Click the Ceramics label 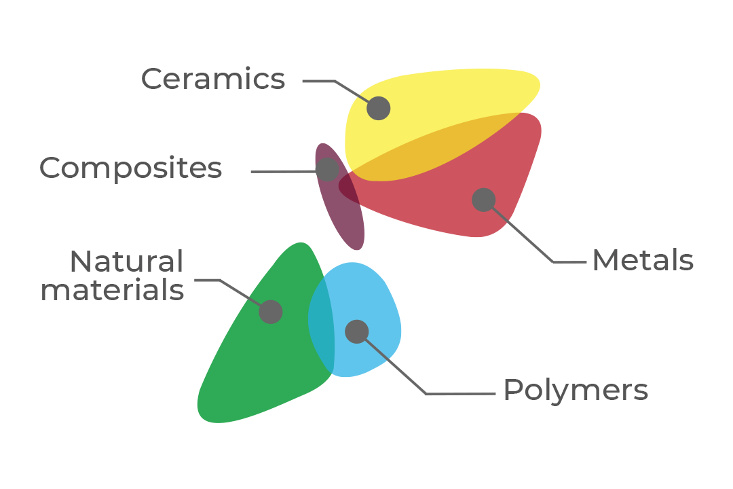[x=213, y=79]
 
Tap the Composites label [x=131, y=168]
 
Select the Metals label [x=642, y=261]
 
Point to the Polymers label [x=576, y=391]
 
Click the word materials [x=113, y=290]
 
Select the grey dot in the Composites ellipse [x=327, y=169]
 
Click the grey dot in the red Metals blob [x=483, y=200]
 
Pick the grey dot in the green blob [x=271, y=312]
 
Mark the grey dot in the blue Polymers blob [x=357, y=331]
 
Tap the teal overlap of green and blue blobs [x=322, y=326]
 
